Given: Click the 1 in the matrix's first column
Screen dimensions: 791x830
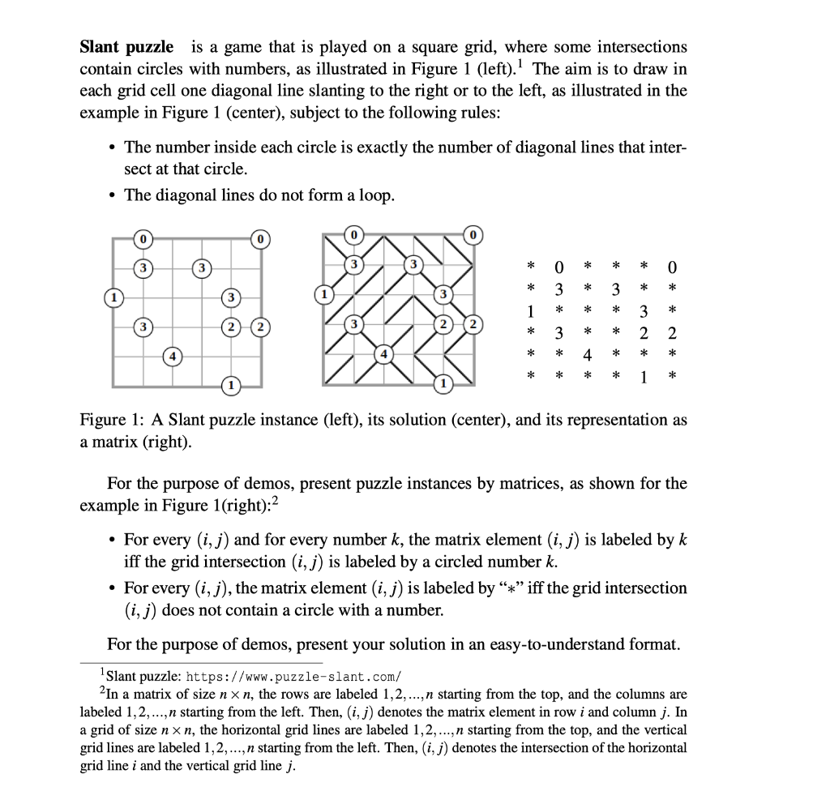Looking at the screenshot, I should (x=530, y=310).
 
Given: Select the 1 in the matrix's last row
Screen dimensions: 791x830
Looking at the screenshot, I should (x=643, y=377).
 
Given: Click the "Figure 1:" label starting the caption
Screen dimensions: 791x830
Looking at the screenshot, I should (x=110, y=421).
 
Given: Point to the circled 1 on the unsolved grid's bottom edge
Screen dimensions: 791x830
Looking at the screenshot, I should (x=231, y=384).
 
